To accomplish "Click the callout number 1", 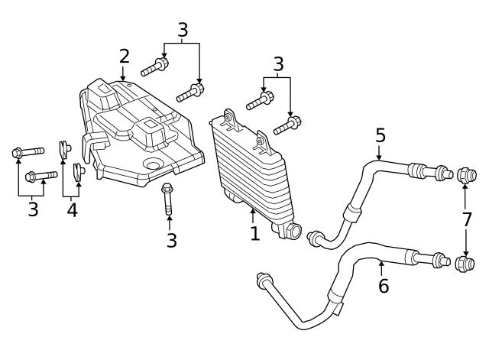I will (x=255, y=233).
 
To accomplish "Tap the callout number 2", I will (x=124, y=56).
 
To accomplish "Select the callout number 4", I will (x=72, y=209).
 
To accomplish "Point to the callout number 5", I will (x=380, y=136).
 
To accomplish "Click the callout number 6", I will (x=384, y=286).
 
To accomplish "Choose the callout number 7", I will (x=467, y=219).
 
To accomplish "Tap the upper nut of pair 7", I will (x=466, y=176).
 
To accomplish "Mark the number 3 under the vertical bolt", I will (x=171, y=241).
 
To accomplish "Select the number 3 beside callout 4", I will (x=33, y=209).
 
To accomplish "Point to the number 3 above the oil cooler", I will (x=278, y=64).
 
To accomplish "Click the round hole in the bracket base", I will (x=151, y=165).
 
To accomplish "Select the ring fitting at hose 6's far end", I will (x=262, y=277).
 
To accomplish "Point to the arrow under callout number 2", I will (x=123, y=74).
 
